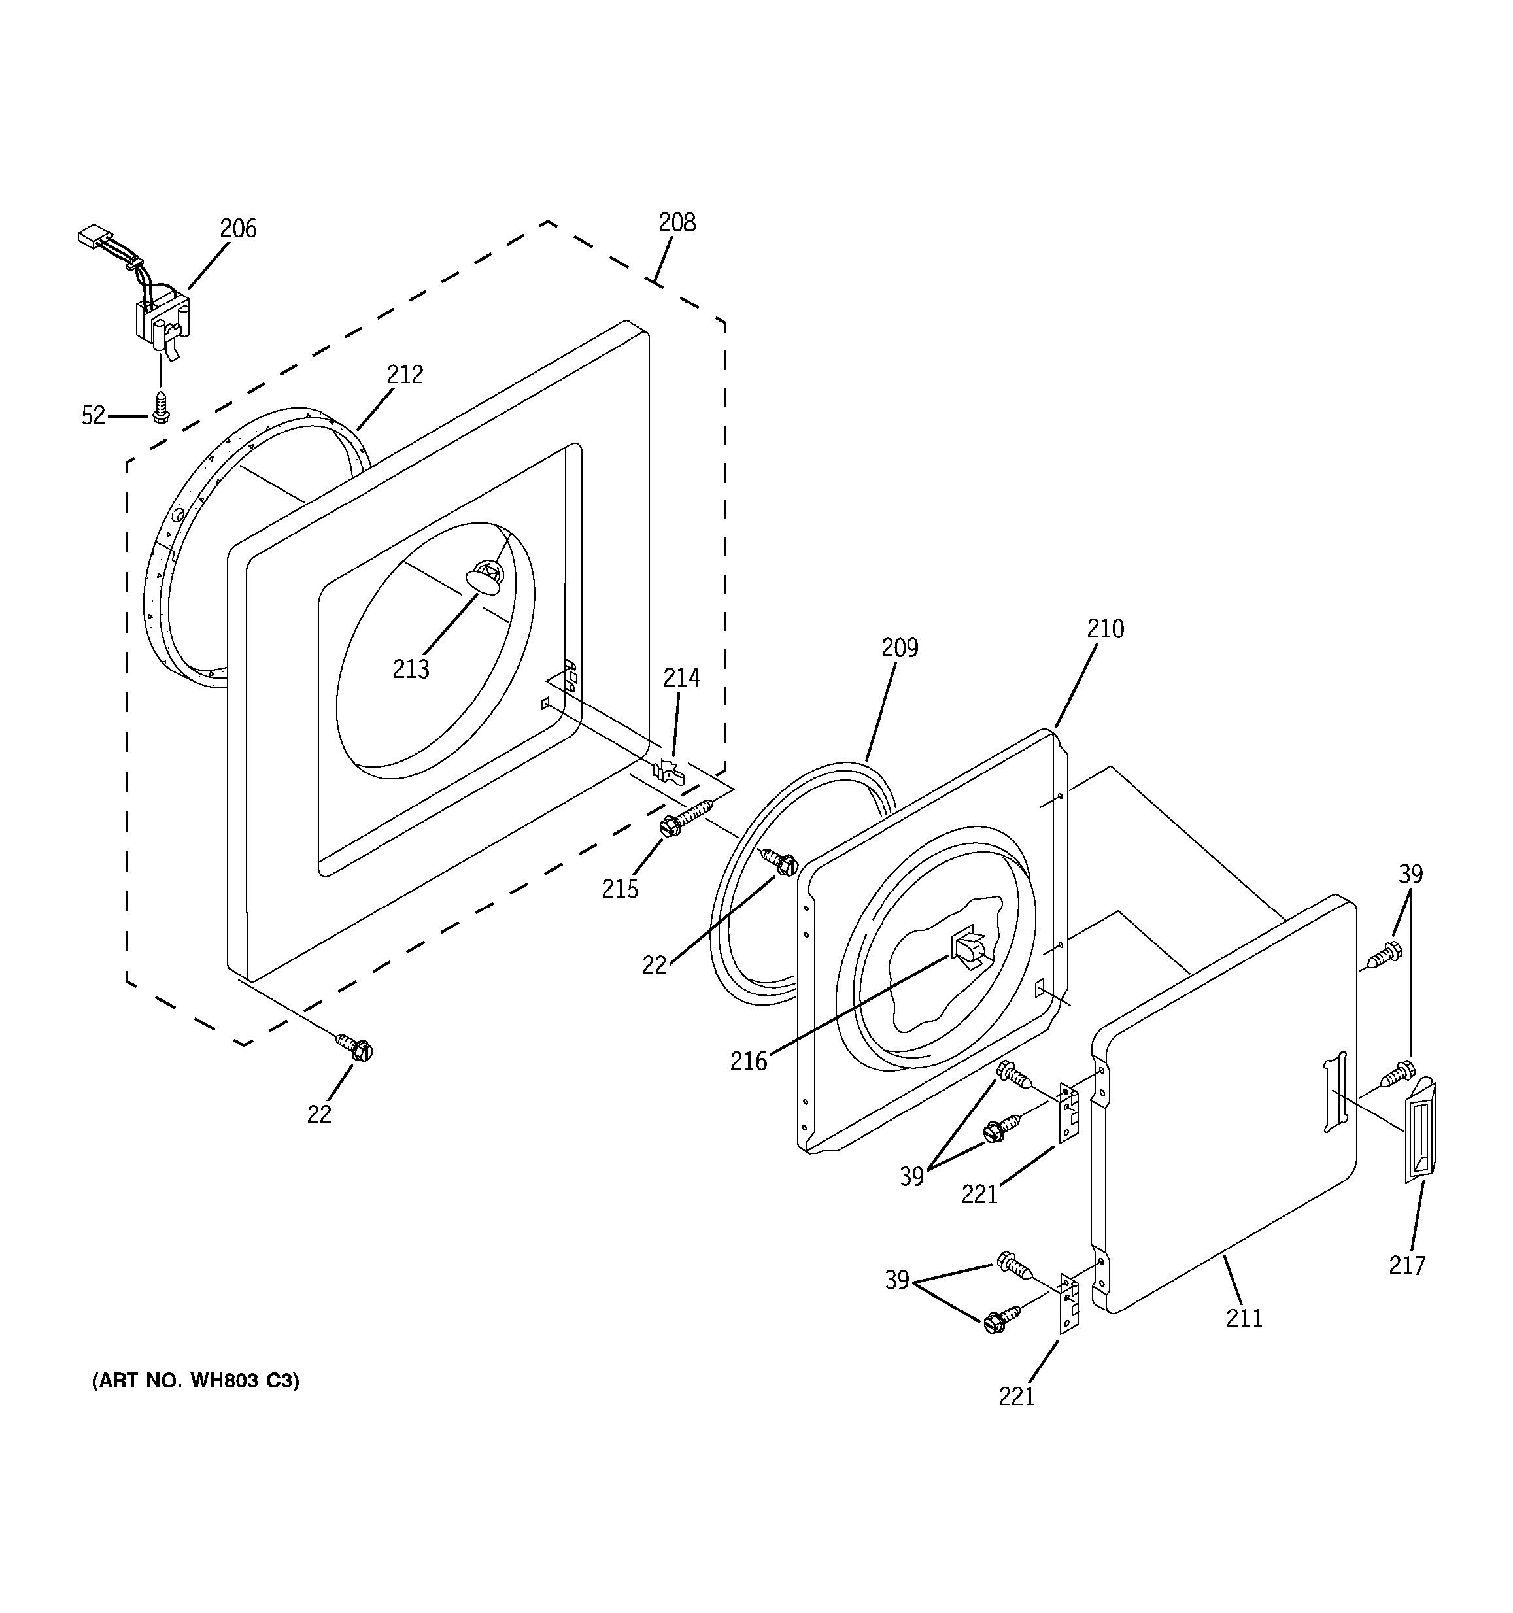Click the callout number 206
[238, 229]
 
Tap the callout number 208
[677, 222]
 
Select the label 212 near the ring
[404, 374]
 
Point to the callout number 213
[411, 670]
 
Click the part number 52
[93, 415]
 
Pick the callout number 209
[900, 647]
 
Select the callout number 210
[1105, 629]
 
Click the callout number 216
[748, 1061]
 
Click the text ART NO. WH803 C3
[195, 1380]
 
